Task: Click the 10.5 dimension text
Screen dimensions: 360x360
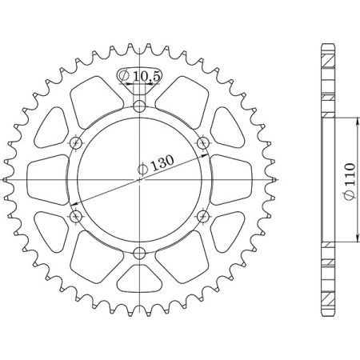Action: pyautogui.click(x=147, y=76)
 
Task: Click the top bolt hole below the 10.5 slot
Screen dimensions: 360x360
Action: pyautogui.click(x=140, y=105)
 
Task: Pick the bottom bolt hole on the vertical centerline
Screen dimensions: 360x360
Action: pyautogui.click(x=140, y=254)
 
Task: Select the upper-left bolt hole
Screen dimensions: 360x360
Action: pyautogui.click(x=77, y=142)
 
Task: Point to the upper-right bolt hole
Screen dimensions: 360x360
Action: pyautogui.click(x=203, y=142)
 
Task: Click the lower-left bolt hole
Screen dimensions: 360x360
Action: pyautogui.click(x=77, y=216)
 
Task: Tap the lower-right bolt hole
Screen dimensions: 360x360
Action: pyautogui.click(x=203, y=216)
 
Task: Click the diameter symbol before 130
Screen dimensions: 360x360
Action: pyautogui.click(x=143, y=169)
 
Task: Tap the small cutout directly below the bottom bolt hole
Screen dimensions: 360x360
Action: pyautogui.click(x=140, y=280)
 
